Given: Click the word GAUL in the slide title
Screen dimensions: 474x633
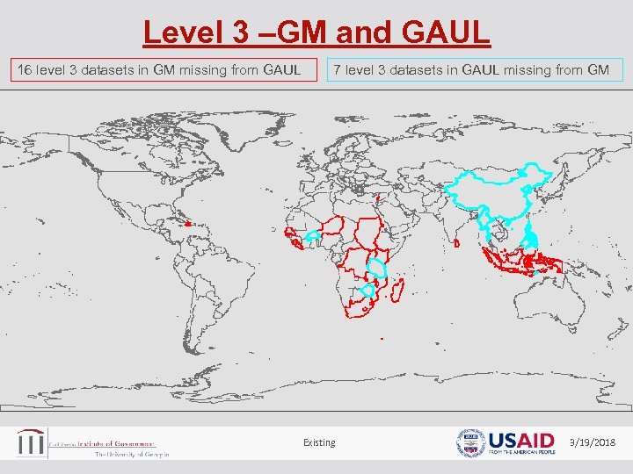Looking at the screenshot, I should point(445,32).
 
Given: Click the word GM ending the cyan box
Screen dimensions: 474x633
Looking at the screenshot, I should point(599,69).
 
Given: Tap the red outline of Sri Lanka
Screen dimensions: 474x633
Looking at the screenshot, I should point(458,242).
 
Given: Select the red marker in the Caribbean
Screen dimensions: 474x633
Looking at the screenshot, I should point(187,224).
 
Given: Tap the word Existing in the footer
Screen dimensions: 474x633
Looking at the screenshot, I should point(319,442).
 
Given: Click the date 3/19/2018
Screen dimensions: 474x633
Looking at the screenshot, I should point(593,442).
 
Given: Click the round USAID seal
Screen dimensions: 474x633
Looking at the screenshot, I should point(470,442).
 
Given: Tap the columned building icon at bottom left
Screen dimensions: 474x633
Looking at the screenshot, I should point(31,442).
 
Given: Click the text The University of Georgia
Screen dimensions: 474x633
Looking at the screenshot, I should point(131,455).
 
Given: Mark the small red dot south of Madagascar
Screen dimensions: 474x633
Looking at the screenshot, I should point(382,339).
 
